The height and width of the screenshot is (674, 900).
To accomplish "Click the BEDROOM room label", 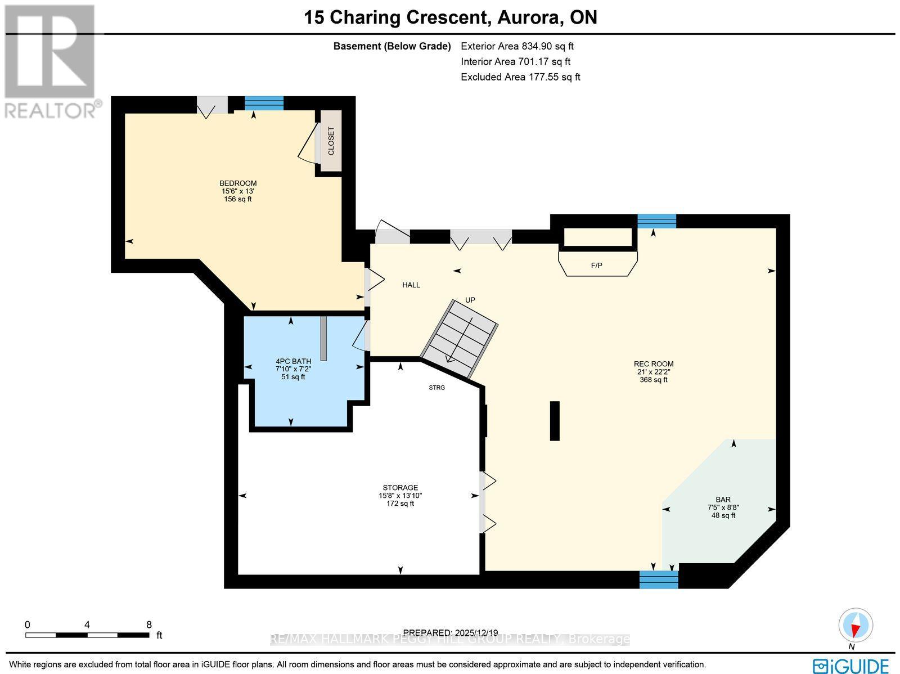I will [237, 183].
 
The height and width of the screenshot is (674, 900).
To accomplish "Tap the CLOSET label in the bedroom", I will [331, 141].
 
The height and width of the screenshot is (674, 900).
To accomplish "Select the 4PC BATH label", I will [293, 361].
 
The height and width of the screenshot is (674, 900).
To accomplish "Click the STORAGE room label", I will [400, 488].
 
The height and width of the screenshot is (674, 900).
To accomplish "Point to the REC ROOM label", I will [653, 364].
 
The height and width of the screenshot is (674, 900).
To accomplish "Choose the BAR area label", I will [723, 500].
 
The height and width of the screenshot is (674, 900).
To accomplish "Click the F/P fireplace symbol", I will [597, 264].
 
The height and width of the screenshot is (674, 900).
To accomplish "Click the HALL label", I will [411, 285].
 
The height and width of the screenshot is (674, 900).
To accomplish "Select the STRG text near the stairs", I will [436, 388].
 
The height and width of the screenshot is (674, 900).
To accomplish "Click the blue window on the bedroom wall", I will [264, 103].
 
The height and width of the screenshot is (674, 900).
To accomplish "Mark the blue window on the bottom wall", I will [659, 579].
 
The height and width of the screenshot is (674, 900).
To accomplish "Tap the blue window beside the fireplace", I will [656, 221].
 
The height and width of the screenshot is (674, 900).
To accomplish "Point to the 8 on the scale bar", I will [148, 624].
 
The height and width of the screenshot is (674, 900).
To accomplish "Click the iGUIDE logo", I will [851, 666].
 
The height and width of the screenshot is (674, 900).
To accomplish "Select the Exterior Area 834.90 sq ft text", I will [517, 47].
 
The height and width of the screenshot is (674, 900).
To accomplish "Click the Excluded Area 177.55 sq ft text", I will [520, 77].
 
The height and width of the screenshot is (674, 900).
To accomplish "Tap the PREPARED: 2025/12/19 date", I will [451, 632].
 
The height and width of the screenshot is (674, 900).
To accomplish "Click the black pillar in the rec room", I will [555, 420].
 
